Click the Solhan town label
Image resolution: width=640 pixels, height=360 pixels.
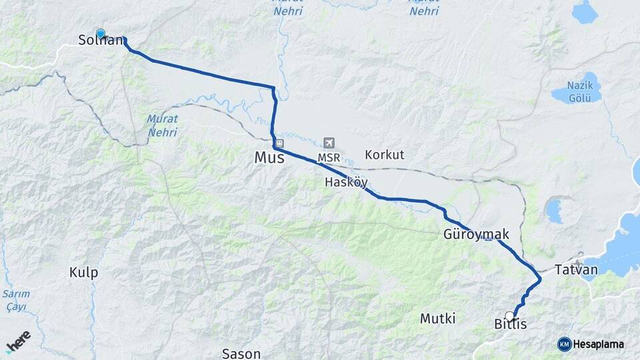101,40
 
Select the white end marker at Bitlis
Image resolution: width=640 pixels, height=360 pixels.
510,316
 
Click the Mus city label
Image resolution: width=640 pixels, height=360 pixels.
269,158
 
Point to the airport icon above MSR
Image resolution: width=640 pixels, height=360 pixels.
328,143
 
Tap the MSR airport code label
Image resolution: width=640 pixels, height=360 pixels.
329,157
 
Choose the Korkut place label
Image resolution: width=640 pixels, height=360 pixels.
384,155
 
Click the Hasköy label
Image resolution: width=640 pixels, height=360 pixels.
346,182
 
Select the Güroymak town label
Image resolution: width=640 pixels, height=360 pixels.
476,235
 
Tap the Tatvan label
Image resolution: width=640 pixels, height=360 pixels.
577,270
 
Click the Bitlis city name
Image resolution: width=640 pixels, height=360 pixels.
511,325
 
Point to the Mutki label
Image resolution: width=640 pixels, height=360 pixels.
437,319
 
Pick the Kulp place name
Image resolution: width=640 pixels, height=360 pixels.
83,272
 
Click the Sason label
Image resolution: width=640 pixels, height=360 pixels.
241,353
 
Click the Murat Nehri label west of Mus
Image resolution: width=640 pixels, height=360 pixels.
163,125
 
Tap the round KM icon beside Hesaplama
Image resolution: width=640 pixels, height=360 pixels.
564,344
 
